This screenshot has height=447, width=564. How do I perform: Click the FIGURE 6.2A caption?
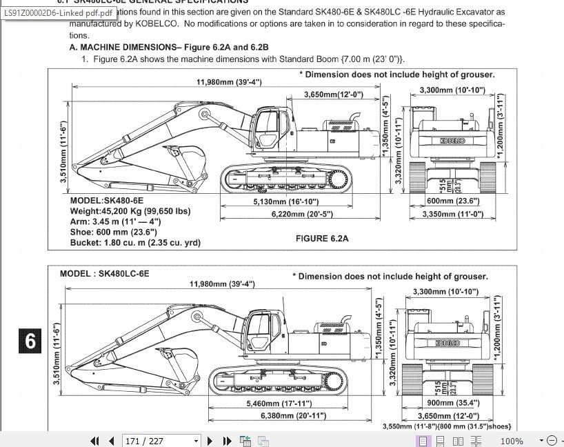coord(322,239)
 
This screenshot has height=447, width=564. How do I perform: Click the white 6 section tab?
coord(30,341)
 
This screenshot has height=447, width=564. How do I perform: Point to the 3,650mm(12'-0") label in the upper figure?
coord(333,95)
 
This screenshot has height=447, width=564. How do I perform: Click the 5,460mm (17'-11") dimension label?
coord(279,404)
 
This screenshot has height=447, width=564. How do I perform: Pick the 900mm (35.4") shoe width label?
coord(453,403)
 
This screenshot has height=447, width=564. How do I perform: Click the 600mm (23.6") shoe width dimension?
coord(452,201)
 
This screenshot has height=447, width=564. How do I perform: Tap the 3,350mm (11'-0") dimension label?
coord(452,215)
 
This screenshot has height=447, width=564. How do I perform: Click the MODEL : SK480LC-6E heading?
coord(104,273)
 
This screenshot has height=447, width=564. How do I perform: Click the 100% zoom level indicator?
coord(511,441)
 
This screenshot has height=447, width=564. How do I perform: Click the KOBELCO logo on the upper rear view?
coord(452,141)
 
